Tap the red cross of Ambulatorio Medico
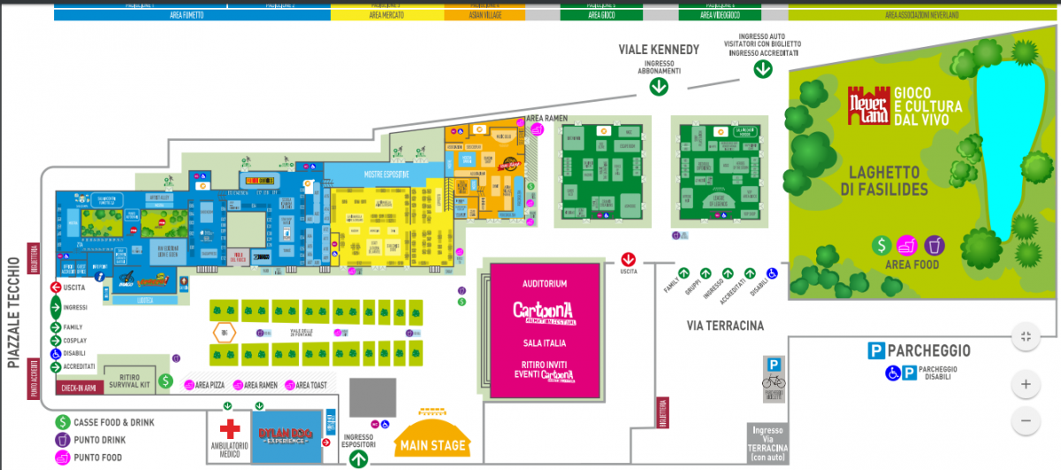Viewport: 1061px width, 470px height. click(231, 430)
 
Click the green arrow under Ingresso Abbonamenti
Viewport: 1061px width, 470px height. click(659, 86)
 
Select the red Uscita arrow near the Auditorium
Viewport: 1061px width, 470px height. click(629, 259)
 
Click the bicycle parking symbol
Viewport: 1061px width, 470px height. click(774, 381)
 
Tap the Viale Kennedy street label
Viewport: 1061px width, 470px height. click(659, 50)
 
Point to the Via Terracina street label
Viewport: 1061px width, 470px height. click(724, 326)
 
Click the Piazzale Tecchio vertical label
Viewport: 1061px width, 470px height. click(13, 312)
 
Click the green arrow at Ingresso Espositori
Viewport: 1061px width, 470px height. click(358, 458)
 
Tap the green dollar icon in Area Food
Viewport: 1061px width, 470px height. click(881, 245)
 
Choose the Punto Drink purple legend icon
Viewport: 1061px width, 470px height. click(63, 440)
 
